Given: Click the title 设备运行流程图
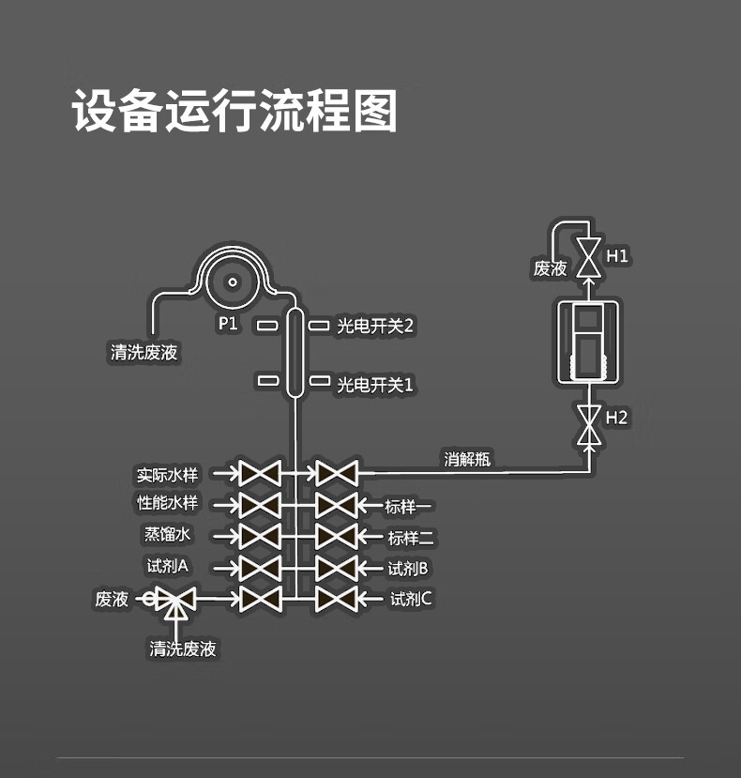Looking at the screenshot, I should pos(235,112).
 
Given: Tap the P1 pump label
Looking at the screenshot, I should pos(228,324).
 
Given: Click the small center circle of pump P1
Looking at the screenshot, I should pos(233,281).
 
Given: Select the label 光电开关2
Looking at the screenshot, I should pos(375,326).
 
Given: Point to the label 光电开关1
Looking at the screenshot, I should pos(375,384).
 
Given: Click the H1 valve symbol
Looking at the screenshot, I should pos(589,256).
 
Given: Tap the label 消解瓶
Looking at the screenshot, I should pos(467,459).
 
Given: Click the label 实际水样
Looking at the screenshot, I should pos(168,474).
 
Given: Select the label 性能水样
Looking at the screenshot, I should pos(168,503).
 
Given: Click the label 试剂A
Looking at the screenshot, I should pos(168,566).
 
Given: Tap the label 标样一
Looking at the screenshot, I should pos(409,508).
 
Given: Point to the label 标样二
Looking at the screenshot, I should pos(411,538).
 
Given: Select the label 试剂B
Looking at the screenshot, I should pos(409,568).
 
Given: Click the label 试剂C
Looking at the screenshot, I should pos(411,599).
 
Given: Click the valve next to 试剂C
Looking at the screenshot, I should pos(336,599).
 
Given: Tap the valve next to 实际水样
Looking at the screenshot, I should pos(260,474).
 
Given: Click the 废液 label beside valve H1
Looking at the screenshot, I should pos(551,268).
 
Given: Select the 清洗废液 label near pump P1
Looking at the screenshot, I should pos(144,353).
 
